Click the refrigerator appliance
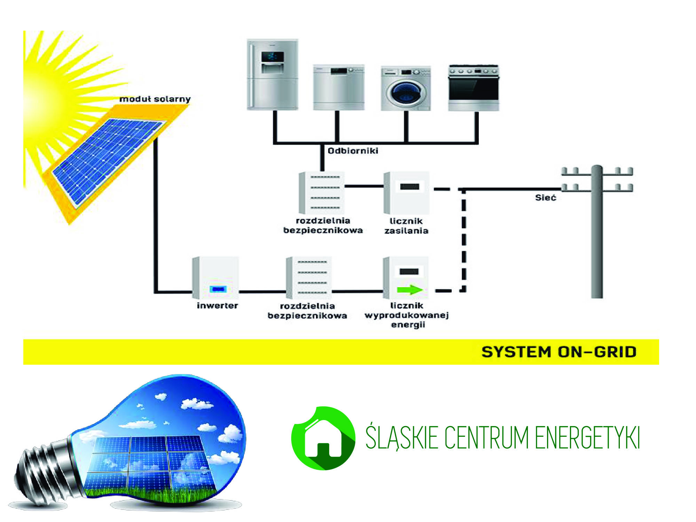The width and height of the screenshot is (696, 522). (272, 74)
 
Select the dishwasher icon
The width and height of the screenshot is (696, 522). (339, 87)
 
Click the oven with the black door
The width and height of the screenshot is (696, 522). (473, 88)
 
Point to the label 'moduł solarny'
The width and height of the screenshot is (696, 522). (155, 99)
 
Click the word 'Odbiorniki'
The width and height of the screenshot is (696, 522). (353, 151)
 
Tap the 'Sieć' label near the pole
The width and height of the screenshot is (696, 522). (545, 198)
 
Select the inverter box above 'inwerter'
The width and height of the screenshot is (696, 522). (216, 278)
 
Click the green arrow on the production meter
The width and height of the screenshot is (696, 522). (410, 290)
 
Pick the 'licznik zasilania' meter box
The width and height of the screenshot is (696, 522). (407, 193)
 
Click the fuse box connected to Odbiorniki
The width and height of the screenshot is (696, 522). (322, 193)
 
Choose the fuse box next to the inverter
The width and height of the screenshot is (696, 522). (309, 278)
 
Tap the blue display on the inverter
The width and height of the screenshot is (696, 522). (218, 289)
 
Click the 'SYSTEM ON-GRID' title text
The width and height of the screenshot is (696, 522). (559, 352)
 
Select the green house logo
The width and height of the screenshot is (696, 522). (323, 438)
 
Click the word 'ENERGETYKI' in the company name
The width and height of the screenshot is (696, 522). (587, 438)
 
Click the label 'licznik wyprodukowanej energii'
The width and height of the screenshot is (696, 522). (407, 315)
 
